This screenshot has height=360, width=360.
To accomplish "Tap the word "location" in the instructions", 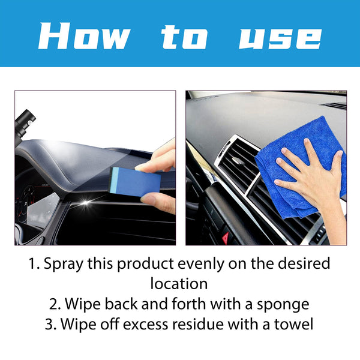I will click(x=179, y=283).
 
